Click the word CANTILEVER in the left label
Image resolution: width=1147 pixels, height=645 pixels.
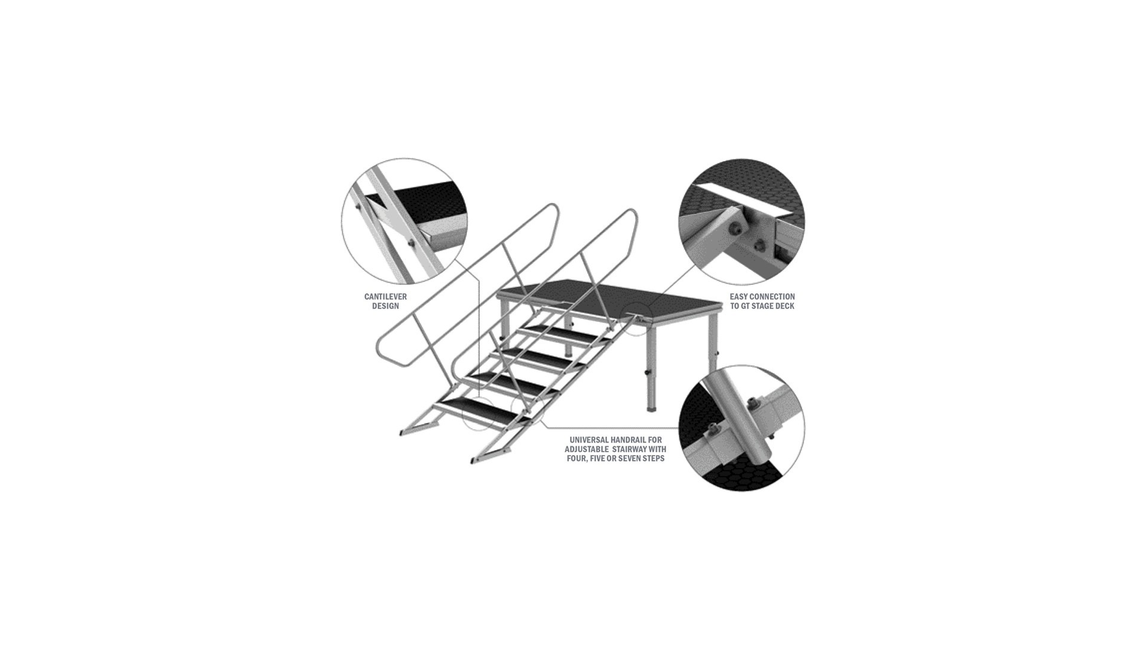tap(385, 297)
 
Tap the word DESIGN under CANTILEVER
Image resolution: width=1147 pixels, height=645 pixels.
tap(385, 306)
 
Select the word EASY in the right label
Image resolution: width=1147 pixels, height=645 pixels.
tap(738, 297)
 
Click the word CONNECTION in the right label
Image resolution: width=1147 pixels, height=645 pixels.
tap(772, 297)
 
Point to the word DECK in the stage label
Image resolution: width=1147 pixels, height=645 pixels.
tap(784, 306)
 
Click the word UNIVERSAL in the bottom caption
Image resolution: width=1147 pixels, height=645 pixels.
tap(589, 440)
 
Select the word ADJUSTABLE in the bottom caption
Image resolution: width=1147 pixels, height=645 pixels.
tap(585, 449)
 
